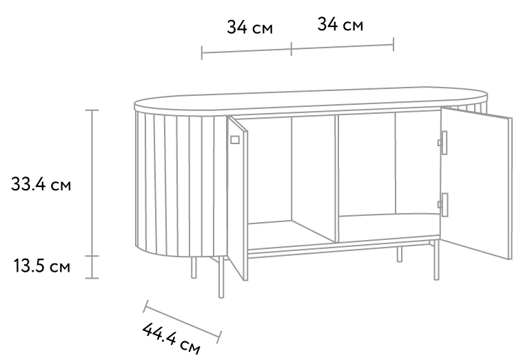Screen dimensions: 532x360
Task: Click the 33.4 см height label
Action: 41,184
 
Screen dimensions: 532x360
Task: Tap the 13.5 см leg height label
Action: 42,266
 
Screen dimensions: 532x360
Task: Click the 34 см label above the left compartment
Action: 249,27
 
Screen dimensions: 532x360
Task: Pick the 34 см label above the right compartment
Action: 340,24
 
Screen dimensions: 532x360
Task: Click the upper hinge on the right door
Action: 442,143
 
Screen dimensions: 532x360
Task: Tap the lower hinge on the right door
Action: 442,204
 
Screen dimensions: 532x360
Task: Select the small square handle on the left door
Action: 235,139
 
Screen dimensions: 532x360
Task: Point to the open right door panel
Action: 476,183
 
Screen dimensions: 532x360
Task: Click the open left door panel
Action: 237,198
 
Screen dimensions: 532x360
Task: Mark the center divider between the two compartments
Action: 336,179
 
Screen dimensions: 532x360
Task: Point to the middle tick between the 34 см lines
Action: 291,49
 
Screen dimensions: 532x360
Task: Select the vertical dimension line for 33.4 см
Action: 92,183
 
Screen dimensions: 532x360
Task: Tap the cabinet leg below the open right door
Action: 436,260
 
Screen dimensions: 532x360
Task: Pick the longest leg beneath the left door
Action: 221,277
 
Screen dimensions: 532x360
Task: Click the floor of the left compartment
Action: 291,236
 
